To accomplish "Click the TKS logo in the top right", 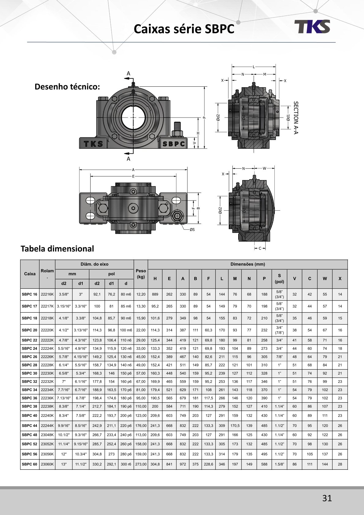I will (312, 27).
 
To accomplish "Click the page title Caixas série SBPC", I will (184, 29).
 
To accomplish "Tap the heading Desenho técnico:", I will (67, 87).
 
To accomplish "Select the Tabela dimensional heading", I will (57, 249).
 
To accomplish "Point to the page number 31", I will (327, 498).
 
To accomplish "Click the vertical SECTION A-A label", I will (295, 118).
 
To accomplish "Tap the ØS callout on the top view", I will (192, 229).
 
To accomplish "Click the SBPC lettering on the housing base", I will (173, 144).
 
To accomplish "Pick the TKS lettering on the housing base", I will (93, 144).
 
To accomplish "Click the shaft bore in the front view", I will (133, 117).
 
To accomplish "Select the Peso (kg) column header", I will (141, 274).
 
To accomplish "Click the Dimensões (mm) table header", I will (248, 264).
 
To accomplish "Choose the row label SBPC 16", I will (30, 294).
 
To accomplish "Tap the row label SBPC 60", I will (30, 464).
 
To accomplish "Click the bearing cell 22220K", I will (47, 330).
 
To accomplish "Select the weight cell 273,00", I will (141, 464).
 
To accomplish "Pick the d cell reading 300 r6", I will (126, 464).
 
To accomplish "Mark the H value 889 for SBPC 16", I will (155, 294).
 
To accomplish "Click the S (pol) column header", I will (279, 278).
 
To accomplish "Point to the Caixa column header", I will (30, 274).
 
